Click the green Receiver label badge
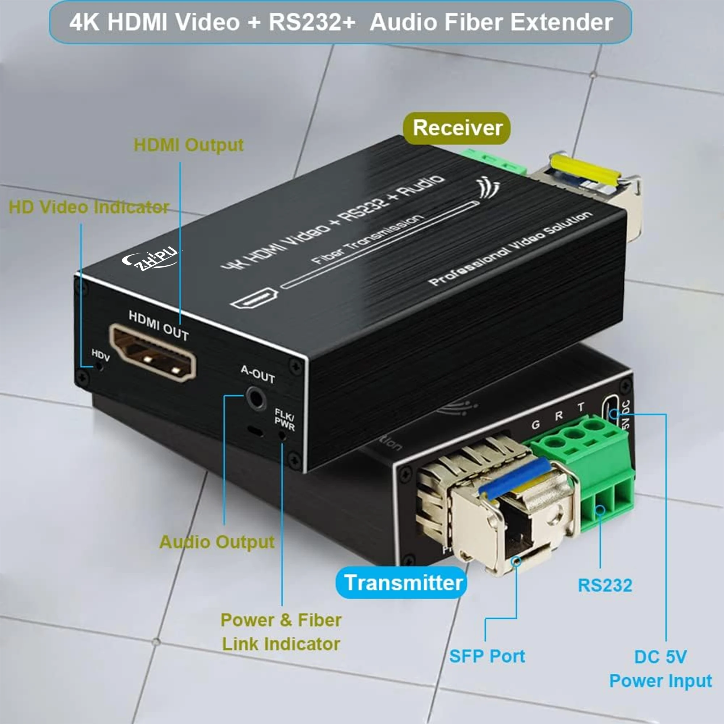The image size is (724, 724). coord(457,128)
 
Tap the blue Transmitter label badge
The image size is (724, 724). coord(402,583)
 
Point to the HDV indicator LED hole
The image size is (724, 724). coord(99,366)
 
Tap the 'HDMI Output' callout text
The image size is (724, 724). coord(189,145)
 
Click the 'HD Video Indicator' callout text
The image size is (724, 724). coord(88,207)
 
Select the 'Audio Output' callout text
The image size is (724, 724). coord(217,542)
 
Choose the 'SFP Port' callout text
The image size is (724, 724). coord(487,656)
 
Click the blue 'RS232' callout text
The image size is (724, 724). coord(605,585)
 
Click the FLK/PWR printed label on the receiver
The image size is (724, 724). coord(285,419)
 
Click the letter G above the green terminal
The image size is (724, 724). coord(536,425)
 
